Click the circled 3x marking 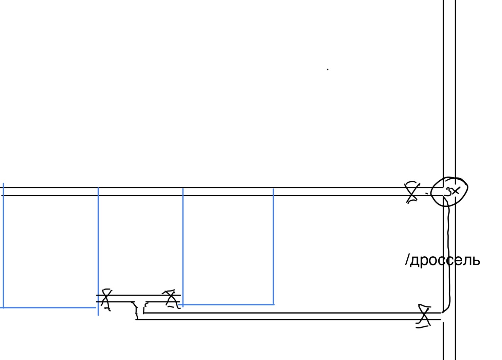coord(449,192)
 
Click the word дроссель coord(445,260)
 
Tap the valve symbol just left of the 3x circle coord(412,192)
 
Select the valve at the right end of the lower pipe coord(423,316)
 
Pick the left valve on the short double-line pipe coord(106,300)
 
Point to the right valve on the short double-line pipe coord(171,299)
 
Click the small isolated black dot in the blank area coord(328,69)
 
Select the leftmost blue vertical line coord(3,245)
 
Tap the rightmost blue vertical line coord(273,246)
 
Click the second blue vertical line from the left coord(98,251)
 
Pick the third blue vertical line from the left coord(183,247)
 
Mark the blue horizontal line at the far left coord(48,307)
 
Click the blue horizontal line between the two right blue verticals coord(226,304)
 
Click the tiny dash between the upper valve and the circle coord(426,193)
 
